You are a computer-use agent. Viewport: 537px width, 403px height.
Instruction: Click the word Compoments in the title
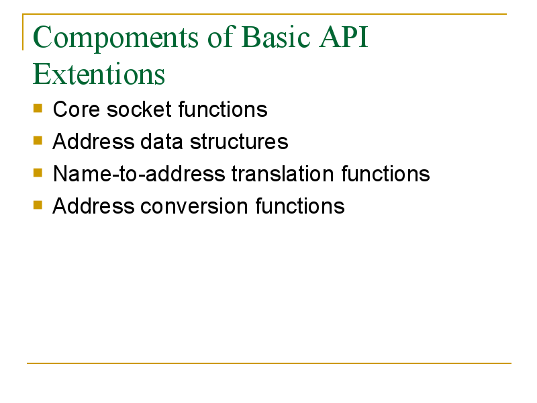pyautogui.click(x=115, y=38)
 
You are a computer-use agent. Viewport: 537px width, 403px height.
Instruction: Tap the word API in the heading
pyautogui.click(x=344, y=36)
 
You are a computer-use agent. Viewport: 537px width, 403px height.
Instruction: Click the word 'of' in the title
pyautogui.click(x=221, y=36)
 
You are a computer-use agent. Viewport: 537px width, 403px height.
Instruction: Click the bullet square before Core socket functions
pyautogui.click(x=38, y=108)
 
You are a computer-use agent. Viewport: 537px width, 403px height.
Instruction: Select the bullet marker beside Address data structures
pyautogui.click(x=38, y=140)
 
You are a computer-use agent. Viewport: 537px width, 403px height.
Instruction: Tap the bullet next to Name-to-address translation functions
pyautogui.click(x=38, y=173)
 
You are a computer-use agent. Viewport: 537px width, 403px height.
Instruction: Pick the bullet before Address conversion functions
pyautogui.click(x=38, y=205)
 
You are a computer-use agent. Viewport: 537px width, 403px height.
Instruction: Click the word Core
pyautogui.click(x=77, y=109)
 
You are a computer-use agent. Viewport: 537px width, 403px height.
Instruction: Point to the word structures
pyautogui.click(x=239, y=142)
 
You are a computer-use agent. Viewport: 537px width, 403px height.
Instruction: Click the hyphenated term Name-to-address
pyautogui.click(x=139, y=174)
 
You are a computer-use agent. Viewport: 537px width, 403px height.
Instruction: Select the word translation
pyautogui.click(x=283, y=174)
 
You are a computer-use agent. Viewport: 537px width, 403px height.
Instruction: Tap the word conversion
pyautogui.click(x=194, y=206)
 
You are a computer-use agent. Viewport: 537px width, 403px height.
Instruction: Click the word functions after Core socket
pyautogui.click(x=223, y=109)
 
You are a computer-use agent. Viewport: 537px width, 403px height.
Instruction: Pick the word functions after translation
pyautogui.click(x=385, y=174)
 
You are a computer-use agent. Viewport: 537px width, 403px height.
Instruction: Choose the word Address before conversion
pyautogui.click(x=93, y=206)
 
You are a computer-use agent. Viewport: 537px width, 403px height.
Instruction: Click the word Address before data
pyautogui.click(x=93, y=142)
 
